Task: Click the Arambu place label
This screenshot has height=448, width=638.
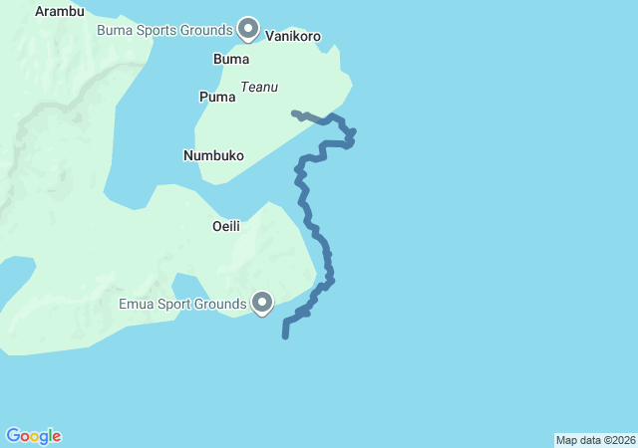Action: [x=59, y=12]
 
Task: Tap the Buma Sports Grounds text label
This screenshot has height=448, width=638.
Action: [x=164, y=30]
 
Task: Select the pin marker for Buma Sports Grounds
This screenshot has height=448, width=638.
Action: [x=248, y=28]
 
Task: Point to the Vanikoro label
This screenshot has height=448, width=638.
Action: [x=293, y=36]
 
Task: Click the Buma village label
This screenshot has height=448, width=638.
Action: [x=231, y=60]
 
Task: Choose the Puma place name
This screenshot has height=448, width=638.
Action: [x=217, y=98]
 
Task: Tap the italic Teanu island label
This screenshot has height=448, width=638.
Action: [x=259, y=88]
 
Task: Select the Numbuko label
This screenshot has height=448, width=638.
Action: [x=213, y=155]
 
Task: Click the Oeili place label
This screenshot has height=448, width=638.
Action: [x=226, y=227]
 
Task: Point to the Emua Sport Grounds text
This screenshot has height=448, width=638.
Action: [x=182, y=304]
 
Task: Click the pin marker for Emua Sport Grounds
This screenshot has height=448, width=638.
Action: [x=263, y=301]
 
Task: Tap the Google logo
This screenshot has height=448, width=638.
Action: [x=33, y=436]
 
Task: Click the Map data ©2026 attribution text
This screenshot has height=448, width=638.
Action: [x=594, y=440]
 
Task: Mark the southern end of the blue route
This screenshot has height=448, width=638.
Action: [x=285, y=336]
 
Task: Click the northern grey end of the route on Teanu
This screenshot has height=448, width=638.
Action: [x=294, y=113]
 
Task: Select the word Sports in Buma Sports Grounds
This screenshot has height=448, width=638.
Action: [x=158, y=30]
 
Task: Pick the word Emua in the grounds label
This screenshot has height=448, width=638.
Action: [x=136, y=304]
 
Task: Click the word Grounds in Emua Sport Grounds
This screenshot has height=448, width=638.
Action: [x=221, y=304]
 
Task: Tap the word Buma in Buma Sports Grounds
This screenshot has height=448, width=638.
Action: [x=114, y=30]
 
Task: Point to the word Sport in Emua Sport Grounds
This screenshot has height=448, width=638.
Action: [x=175, y=304]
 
